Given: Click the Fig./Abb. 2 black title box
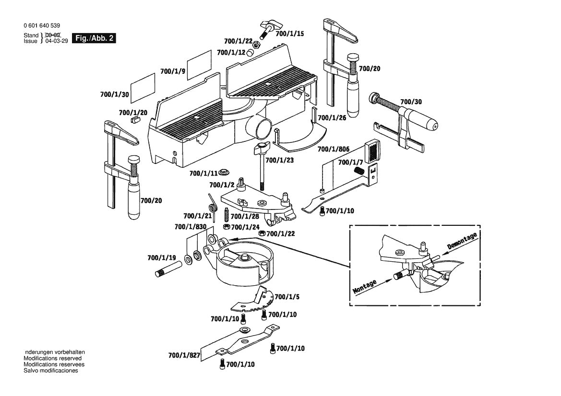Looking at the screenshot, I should (94, 38).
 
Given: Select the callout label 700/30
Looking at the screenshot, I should (411, 102).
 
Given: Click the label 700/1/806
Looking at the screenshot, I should (336, 150).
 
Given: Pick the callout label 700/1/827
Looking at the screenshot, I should (184, 356).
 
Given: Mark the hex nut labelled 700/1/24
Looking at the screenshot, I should (225, 227).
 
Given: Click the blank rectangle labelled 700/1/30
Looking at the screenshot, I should (144, 87).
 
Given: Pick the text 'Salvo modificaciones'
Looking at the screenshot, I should (50, 371).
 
